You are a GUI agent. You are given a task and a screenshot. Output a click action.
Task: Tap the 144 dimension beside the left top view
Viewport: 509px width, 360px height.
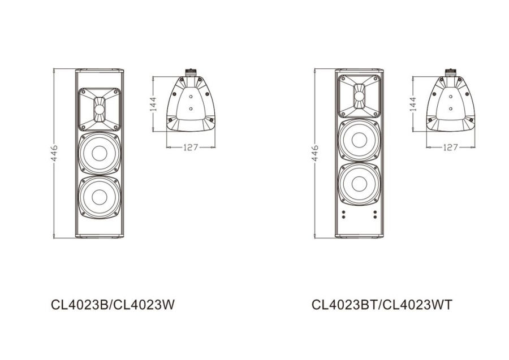153,105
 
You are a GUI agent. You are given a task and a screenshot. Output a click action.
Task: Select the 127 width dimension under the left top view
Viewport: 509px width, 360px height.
191,147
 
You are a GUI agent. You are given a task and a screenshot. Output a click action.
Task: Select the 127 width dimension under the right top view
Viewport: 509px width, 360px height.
450,147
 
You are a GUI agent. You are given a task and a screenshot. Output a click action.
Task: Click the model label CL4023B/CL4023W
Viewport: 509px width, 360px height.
113,305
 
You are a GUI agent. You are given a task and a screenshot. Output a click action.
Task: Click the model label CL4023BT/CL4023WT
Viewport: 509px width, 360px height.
382,305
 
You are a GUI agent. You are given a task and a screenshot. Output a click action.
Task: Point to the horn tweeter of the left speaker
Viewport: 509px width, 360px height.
100,108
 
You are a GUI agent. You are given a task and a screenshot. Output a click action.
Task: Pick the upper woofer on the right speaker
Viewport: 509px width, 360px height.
359,140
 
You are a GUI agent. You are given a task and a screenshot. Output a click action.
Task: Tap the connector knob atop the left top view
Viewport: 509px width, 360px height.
191,72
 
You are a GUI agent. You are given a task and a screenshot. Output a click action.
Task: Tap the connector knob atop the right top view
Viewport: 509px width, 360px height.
451,72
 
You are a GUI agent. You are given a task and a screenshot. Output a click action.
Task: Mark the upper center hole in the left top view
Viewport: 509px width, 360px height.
191,97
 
